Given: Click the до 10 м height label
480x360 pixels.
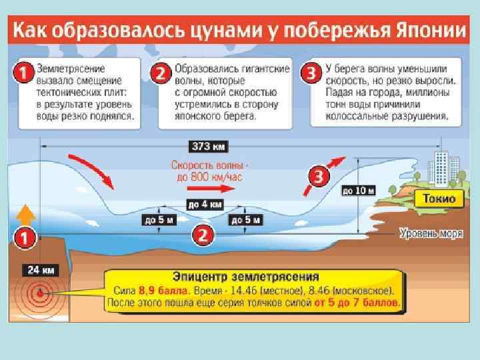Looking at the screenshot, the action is [358, 191].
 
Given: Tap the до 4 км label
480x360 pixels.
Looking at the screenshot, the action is [204, 205].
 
